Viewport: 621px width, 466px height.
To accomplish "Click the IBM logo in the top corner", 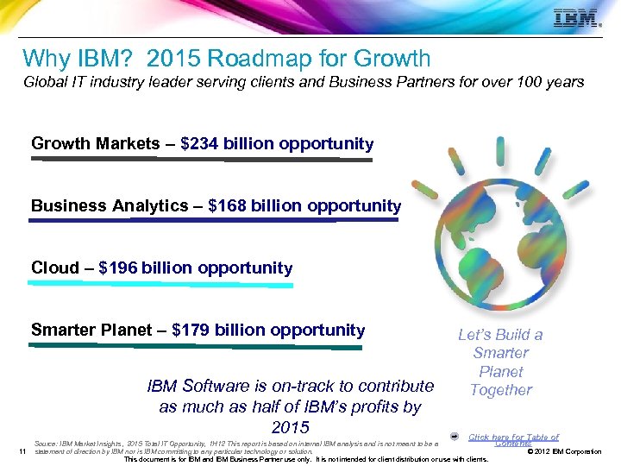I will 577,18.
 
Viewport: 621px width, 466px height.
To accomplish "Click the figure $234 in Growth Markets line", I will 200,143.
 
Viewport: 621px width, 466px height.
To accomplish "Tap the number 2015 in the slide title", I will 176,59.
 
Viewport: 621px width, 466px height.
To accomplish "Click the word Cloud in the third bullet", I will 54,268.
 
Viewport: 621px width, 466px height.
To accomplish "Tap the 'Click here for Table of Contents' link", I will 514,440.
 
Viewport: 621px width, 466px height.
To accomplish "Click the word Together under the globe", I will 501,390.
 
